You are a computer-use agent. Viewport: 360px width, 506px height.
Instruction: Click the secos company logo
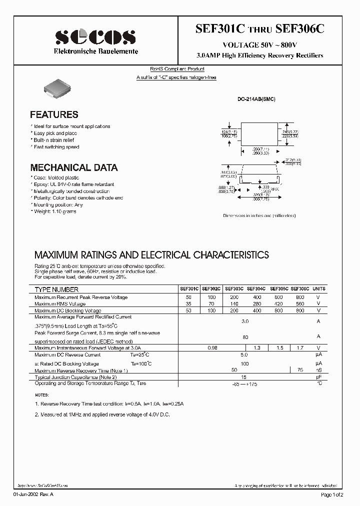tap(95, 36)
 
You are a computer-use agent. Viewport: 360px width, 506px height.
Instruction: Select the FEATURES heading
tap(54, 114)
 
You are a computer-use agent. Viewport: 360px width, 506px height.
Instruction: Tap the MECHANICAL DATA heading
tap(74, 167)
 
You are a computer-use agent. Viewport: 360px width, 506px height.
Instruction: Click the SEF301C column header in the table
tap(189, 289)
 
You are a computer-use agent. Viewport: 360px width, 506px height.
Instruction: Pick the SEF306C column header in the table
tap(299, 289)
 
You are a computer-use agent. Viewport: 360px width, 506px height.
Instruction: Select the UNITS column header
tap(318, 289)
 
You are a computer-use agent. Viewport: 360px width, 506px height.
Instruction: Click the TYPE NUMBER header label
tap(56, 289)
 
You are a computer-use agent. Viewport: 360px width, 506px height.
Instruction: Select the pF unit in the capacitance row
tap(318, 376)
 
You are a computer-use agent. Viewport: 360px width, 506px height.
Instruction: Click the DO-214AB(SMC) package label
tap(256, 99)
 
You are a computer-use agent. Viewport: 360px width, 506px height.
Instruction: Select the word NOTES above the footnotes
tap(42, 395)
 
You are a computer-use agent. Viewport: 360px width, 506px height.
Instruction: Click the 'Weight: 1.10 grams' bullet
tap(56, 211)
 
